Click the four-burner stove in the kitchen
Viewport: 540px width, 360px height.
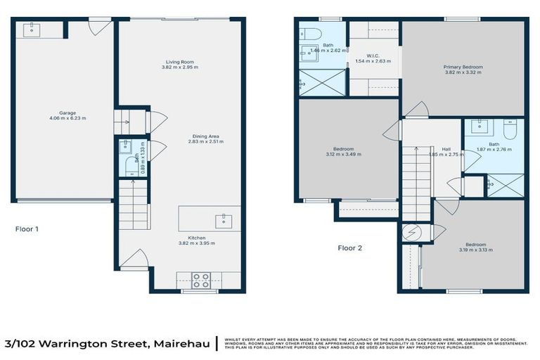201,280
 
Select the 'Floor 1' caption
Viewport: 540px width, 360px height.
27,229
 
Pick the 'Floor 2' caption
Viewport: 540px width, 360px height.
349,247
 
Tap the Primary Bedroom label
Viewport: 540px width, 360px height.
463,67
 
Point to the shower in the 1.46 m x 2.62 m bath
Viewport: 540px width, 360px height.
323,82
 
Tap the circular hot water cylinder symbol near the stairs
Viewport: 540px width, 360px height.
410,232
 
